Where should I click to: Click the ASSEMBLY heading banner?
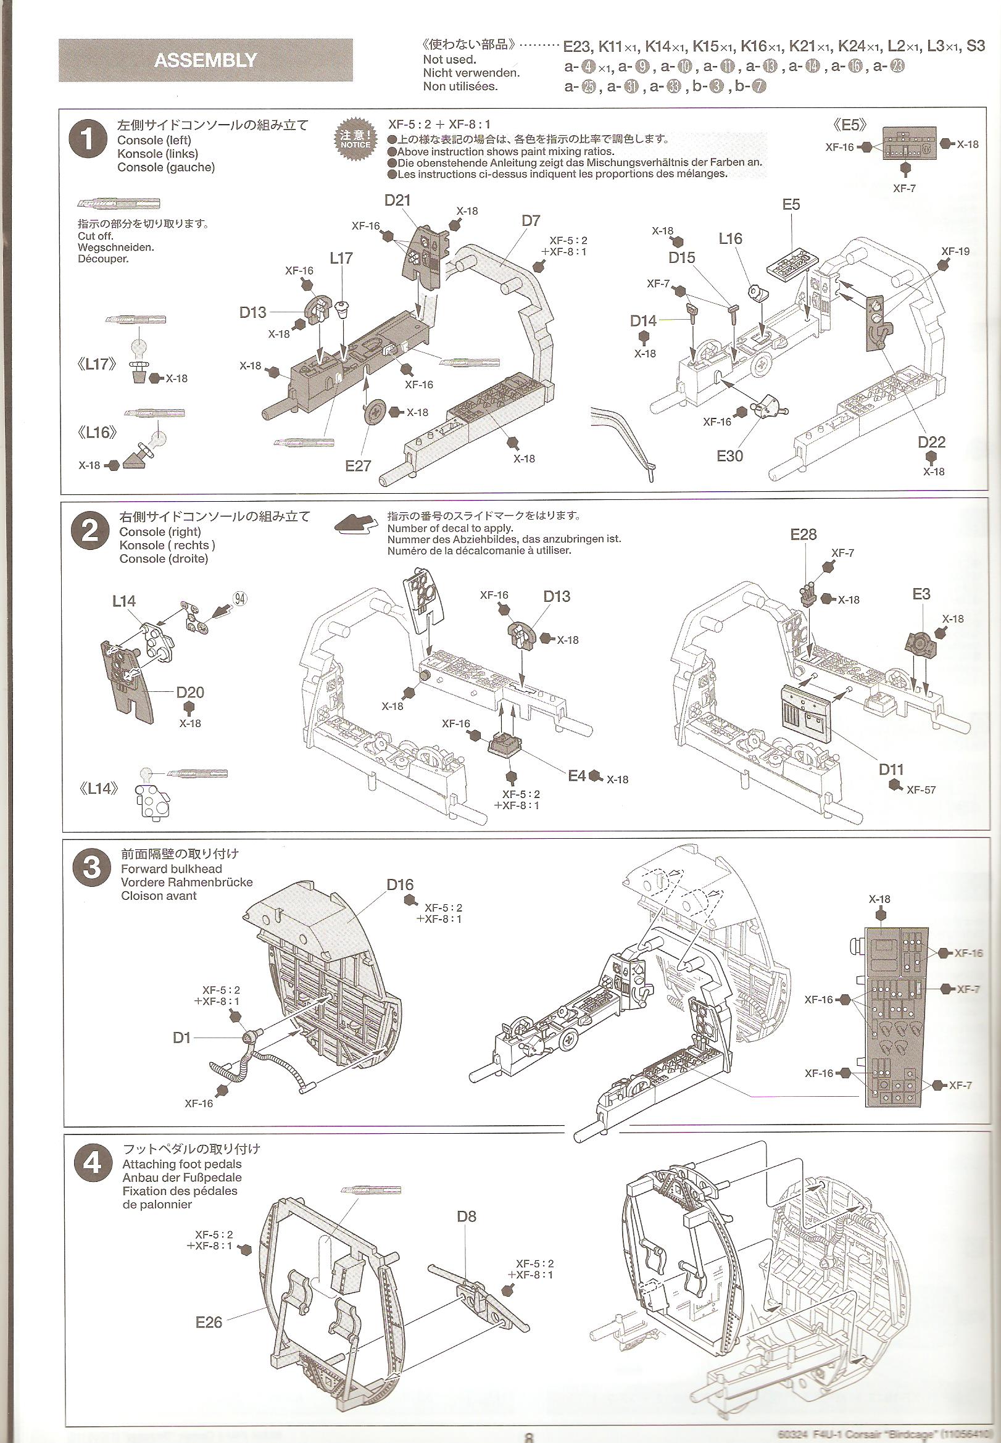coord(205,60)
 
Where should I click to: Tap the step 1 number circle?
coord(88,139)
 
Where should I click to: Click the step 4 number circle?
coord(92,1163)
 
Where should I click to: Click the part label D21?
coord(397,200)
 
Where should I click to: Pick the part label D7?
coord(531,221)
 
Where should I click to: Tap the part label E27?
coord(357,465)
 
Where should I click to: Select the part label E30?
coord(729,456)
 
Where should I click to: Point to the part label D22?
coord(931,442)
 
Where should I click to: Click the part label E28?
coord(804,534)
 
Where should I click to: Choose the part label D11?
coord(891,770)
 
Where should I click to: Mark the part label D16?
coord(399,885)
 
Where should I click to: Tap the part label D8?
coord(466,1216)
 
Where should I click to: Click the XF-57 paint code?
coord(921,790)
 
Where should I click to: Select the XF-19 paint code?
coord(955,251)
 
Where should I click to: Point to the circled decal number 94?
coord(239,598)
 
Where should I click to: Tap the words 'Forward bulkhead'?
coord(171,868)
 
